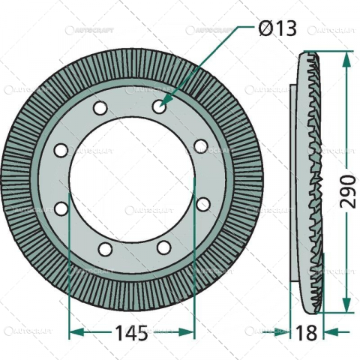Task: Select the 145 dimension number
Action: tap(130, 331)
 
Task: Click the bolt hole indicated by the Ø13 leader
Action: tap(158, 107)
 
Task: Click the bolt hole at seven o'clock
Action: tap(104, 248)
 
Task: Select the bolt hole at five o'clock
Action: tap(163, 247)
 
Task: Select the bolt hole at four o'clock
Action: tap(202, 203)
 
